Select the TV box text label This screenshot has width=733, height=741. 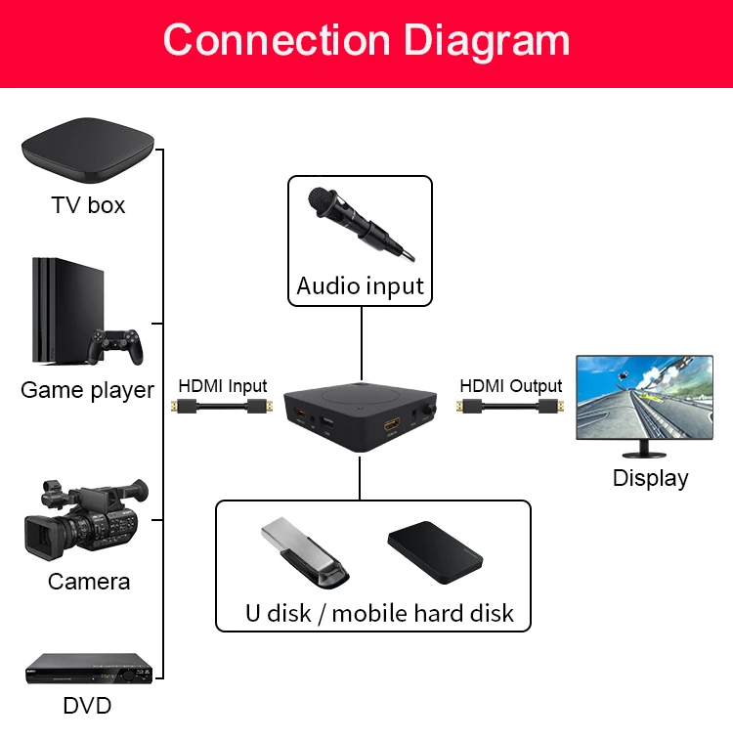(88, 205)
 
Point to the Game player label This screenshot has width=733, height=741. (87, 390)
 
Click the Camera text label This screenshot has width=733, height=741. (88, 582)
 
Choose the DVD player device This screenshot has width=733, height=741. (88, 668)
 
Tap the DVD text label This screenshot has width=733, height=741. (87, 705)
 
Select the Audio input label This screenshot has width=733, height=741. (360, 286)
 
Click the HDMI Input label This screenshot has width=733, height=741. (222, 386)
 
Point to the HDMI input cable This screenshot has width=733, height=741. (222, 409)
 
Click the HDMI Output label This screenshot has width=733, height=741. (511, 386)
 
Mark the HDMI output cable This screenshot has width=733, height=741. (511, 409)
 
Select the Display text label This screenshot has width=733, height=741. (650, 478)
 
